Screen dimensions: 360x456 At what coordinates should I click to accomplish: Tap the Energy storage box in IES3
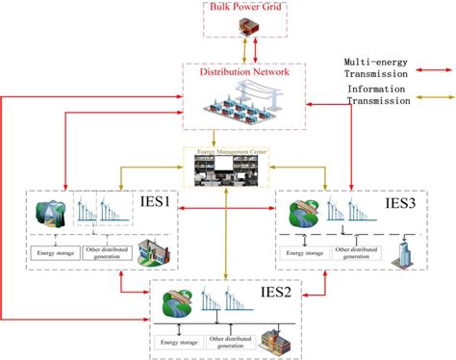pyautogui.click(x=306, y=255)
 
